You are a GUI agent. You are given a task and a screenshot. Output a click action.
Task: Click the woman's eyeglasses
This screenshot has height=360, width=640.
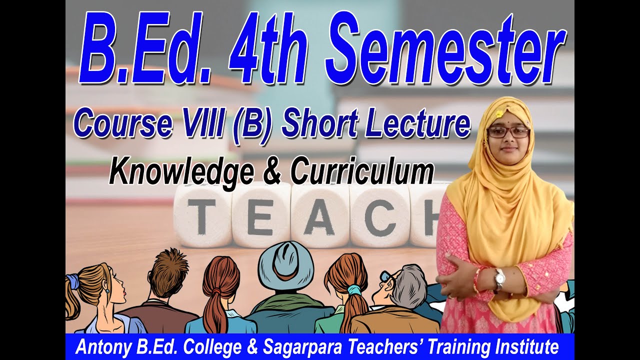(508, 132)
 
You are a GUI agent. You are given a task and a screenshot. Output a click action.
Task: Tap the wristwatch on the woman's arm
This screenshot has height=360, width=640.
(499, 278)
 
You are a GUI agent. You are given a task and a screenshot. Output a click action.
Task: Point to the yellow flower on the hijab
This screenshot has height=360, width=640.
(498, 114)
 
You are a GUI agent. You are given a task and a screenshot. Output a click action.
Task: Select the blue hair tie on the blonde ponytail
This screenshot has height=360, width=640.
(73, 281)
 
